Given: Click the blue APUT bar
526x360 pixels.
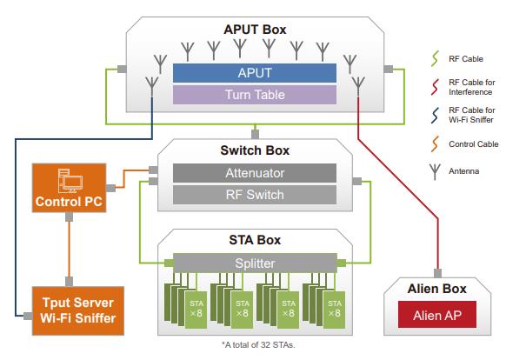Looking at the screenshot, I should pyautogui.click(x=255, y=73).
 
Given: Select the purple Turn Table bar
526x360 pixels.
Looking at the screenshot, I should pyautogui.click(x=255, y=93).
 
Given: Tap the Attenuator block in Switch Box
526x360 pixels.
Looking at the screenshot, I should pyautogui.click(x=255, y=174).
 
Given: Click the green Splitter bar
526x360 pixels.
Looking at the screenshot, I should pyautogui.click(x=255, y=262).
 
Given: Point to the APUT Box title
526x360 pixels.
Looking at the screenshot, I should pyautogui.click(x=254, y=30).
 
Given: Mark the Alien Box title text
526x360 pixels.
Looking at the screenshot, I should pyautogui.click(x=436, y=288).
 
